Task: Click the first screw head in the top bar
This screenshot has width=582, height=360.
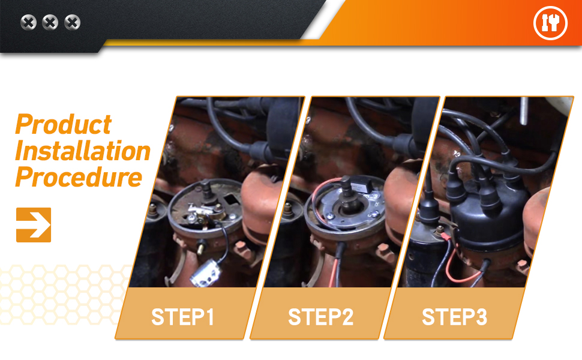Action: (28, 22)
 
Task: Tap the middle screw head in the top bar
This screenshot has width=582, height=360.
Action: (50, 22)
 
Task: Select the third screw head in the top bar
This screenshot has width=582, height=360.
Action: (72, 22)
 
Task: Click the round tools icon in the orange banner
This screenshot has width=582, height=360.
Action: (550, 23)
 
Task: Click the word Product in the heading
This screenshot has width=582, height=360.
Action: (64, 124)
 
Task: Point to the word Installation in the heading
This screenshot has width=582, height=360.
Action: (83, 151)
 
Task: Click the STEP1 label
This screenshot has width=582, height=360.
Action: (182, 317)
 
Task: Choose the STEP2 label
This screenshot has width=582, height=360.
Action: (320, 317)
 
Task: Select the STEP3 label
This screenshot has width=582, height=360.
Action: (454, 317)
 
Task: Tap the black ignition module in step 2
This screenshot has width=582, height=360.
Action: (362, 185)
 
